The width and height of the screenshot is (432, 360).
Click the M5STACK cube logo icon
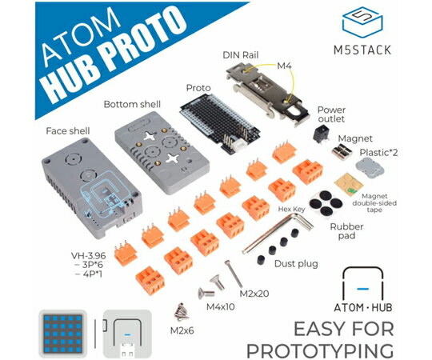pyautogui.click(x=362, y=22)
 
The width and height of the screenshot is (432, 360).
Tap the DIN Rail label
pyautogui.click(x=241, y=55)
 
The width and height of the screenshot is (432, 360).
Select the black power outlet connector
pyautogui.click(x=321, y=134)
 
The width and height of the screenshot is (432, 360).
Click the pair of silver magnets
pyautogui.click(x=342, y=152)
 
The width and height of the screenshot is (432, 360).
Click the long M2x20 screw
pyautogui.click(x=234, y=274)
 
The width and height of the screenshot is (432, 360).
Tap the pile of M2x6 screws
pyautogui.click(x=182, y=312)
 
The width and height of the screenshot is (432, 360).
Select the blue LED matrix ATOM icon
pyautogui.click(x=63, y=334)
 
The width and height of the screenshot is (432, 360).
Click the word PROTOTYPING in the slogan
pyautogui.click(x=320, y=350)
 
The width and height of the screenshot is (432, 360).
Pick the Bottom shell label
pyautogui.click(x=132, y=104)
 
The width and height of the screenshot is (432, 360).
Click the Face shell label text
pyautogui.click(x=68, y=131)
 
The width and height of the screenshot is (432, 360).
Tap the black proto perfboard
pyautogui.click(x=219, y=123)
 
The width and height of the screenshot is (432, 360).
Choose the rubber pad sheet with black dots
pyautogui.click(x=326, y=203)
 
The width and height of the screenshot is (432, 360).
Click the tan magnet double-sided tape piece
pyautogui.click(x=349, y=184)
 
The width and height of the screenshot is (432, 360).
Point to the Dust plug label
pyautogui.click(x=296, y=264)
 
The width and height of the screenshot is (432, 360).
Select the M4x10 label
pyautogui.click(x=221, y=306)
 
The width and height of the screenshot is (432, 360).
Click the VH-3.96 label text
pyautogui.click(x=89, y=255)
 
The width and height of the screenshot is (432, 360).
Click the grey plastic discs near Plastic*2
pyautogui.click(x=370, y=167)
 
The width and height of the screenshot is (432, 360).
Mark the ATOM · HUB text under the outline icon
pyautogui.click(x=363, y=307)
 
